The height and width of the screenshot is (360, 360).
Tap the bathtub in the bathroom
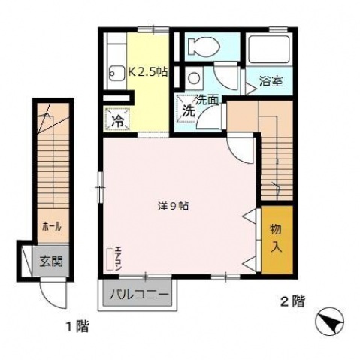pos(269,50)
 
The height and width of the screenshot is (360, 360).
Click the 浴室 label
pos(271,81)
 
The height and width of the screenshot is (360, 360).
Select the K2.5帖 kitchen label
pos(148,72)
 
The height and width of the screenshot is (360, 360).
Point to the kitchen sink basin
pos(116,74)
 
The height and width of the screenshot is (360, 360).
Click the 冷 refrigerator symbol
pos(117,119)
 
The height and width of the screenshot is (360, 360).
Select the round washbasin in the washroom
pos(193,78)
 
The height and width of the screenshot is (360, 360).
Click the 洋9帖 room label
pos(173,206)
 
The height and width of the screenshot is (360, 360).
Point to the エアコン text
pos(118,259)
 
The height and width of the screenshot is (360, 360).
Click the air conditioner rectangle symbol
pos(110,259)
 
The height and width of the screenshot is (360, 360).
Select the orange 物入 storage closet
pos(277,240)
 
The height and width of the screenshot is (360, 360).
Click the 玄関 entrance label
pos(51,262)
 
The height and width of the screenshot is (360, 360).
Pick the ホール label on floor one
pos(52,227)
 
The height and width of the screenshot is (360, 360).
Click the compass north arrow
pos(330,322)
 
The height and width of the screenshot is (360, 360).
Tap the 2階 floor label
pos(292,301)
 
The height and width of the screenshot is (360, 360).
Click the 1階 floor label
pos(77,326)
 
